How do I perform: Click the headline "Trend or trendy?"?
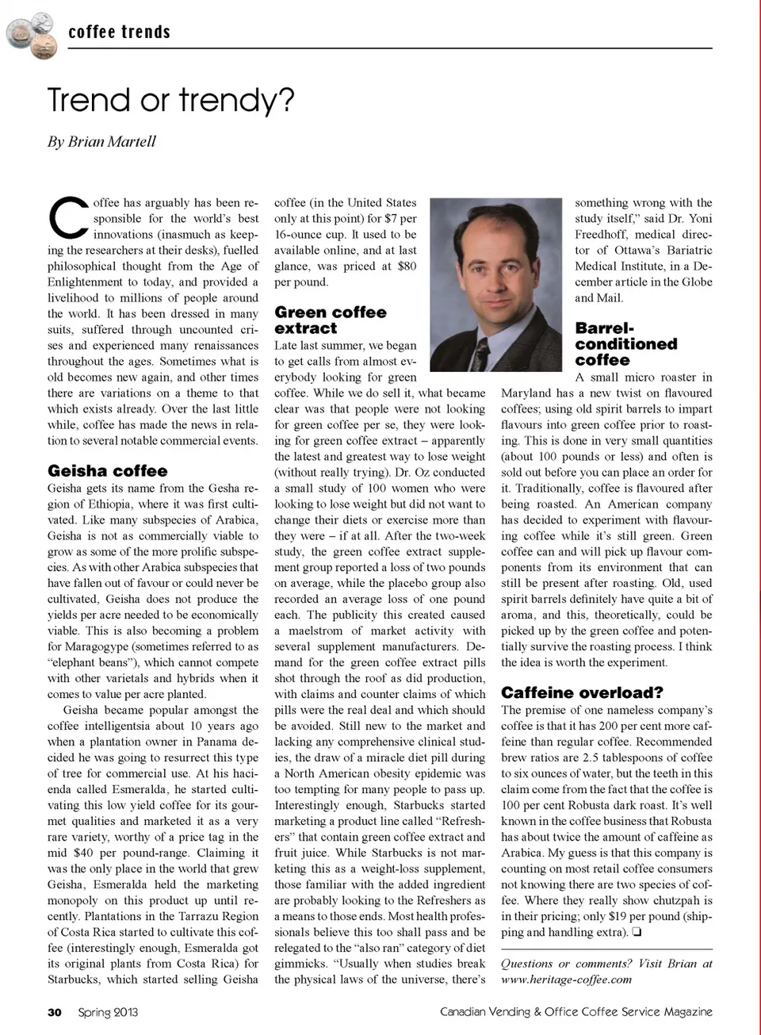170,101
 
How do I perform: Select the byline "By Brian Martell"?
101,142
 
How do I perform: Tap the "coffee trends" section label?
119,33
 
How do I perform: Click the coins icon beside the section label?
32,34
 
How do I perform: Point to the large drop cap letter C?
68,217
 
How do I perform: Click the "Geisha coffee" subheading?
107,471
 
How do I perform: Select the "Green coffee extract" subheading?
330,320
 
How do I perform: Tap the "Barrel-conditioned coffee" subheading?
625,344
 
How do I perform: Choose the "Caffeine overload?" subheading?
582,692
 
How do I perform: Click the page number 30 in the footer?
54,1012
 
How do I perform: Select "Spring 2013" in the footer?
108,1012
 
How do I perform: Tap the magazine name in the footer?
576,1012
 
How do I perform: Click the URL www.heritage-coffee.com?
566,979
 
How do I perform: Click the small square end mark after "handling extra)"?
637,933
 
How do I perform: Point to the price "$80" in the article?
407,266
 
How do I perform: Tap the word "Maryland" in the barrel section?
526,393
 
